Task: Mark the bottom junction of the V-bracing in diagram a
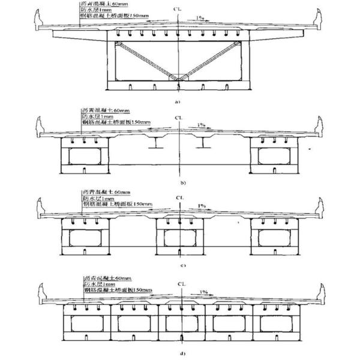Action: click(x=179, y=76)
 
